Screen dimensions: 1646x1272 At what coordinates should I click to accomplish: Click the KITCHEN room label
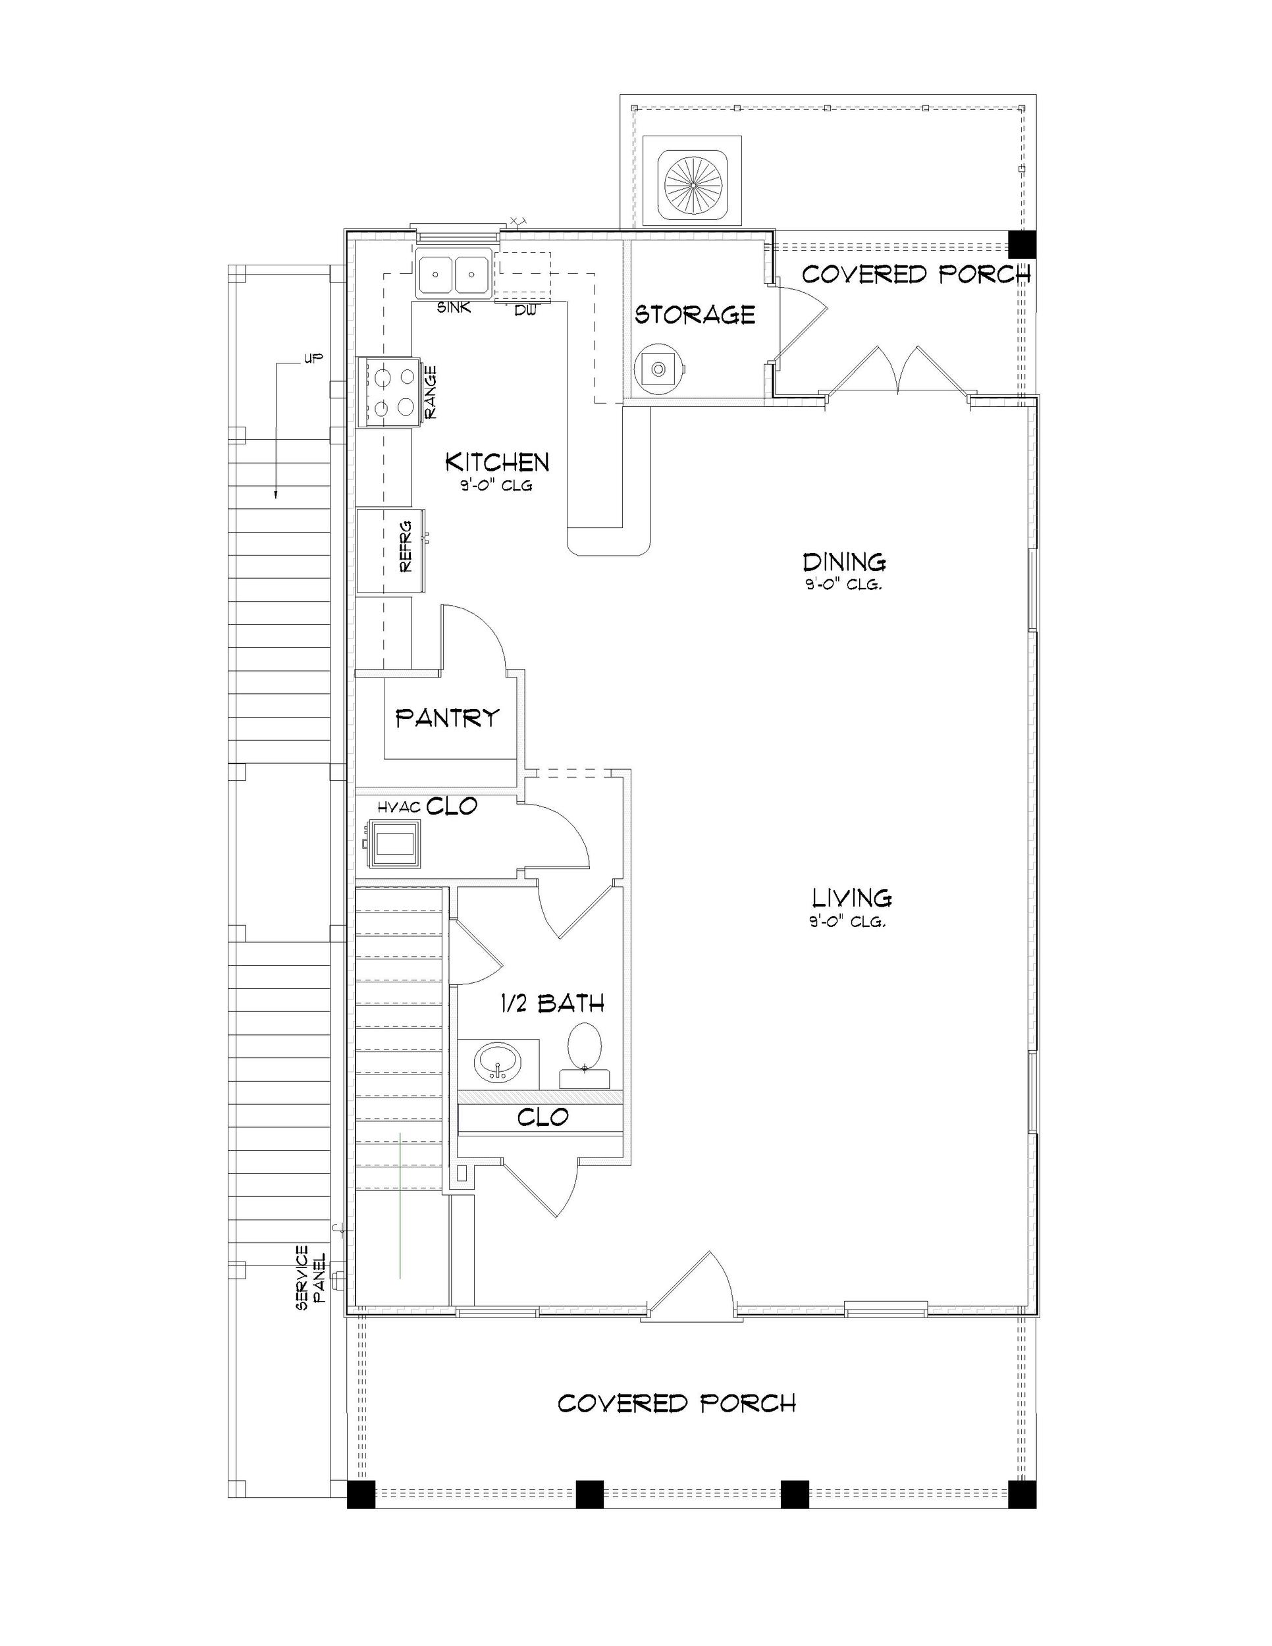pyautogui.click(x=496, y=462)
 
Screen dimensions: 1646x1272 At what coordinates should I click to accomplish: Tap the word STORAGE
pyautogui.click(x=694, y=314)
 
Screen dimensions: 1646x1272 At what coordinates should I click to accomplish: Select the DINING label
pyautogui.click(x=844, y=562)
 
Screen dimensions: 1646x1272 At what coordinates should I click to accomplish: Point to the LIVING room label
pyautogui.click(x=851, y=897)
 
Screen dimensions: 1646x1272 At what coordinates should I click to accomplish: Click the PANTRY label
pyautogui.click(x=448, y=718)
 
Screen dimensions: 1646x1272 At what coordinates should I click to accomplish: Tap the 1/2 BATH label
pyautogui.click(x=552, y=1003)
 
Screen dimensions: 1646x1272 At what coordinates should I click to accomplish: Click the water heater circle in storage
pyautogui.click(x=658, y=369)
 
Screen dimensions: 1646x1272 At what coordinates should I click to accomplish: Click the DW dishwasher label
pyautogui.click(x=525, y=309)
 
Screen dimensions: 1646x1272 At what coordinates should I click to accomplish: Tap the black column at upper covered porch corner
pyautogui.click(x=1022, y=244)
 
